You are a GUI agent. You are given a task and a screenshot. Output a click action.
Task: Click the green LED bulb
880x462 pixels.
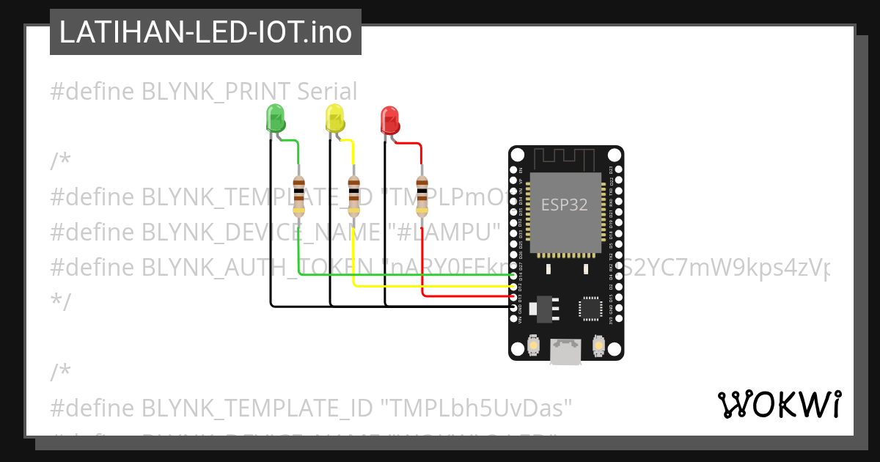point(275,117)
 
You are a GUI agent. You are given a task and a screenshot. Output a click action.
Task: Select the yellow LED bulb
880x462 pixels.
point(334,117)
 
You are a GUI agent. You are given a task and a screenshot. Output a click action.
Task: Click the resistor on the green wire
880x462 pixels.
point(298,196)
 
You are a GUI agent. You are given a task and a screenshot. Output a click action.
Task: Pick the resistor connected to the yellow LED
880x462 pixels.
point(353,196)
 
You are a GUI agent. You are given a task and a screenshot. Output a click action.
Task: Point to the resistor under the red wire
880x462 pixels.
point(422,196)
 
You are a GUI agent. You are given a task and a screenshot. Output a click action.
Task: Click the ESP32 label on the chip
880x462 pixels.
point(564,205)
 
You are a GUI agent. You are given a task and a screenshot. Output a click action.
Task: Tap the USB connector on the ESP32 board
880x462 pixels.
point(566,352)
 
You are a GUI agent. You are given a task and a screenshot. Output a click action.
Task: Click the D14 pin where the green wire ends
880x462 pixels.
point(513,276)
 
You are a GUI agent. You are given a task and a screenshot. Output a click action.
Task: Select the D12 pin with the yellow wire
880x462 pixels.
point(513,286)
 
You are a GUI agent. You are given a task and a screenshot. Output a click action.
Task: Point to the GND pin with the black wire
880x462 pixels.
point(513,307)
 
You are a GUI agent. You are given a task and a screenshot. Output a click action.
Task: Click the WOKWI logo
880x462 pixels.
point(779,404)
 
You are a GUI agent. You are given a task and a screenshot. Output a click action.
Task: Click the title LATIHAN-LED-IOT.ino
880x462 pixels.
point(205,32)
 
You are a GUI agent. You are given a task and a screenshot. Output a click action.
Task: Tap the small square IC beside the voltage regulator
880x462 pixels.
point(590,308)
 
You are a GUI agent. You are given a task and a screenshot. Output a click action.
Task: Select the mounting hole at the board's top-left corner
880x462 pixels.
point(518,155)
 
